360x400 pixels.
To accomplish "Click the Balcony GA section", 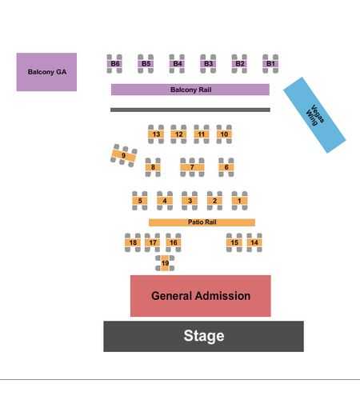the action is tap(46, 72).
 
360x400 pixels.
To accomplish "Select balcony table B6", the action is tap(114, 64).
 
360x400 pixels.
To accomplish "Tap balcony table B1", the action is tap(270, 64).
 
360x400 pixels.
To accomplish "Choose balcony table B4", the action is tap(177, 64).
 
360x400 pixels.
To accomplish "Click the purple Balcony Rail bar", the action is tap(190, 90).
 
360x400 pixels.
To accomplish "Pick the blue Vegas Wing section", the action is tap(314, 115).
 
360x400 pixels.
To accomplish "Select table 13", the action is tap(156, 134).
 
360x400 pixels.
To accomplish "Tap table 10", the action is tap(224, 134).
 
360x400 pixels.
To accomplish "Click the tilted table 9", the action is tap(124, 155).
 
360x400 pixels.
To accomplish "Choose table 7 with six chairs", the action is tap(192, 167).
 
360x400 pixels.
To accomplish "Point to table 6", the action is tap(226, 167).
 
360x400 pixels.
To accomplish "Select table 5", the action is tap(140, 201).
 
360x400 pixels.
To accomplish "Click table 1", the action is tap(239, 201).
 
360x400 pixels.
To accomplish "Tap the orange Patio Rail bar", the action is tap(202, 222).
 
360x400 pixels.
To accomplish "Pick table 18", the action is tap(133, 242).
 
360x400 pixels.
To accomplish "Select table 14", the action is tap(254, 242).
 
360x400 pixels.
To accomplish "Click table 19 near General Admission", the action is tap(165, 263).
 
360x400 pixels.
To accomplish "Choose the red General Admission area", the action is tap(201, 296).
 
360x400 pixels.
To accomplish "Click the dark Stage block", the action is tap(204, 336).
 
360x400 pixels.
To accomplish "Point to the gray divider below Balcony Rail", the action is tap(190, 110).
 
